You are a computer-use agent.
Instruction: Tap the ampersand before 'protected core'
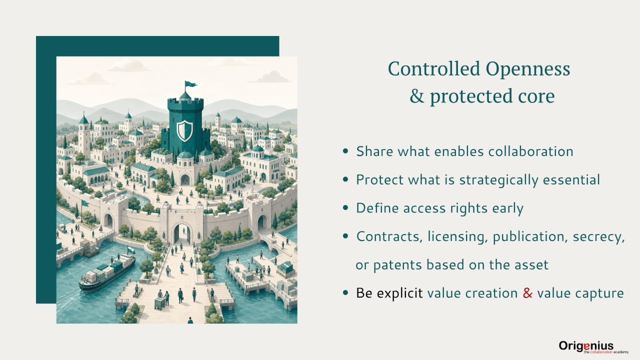click(417, 95)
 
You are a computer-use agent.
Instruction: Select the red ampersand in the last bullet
click(527, 293)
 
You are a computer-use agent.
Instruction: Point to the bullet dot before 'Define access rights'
click(345, 207)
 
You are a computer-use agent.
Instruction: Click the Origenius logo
click(593, 347)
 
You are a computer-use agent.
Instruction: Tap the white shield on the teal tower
click(184, 131)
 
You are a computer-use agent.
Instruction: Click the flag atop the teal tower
click(190, 84)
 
